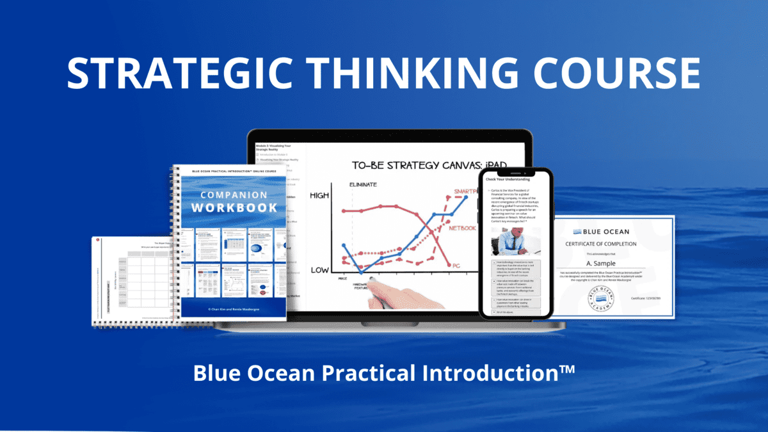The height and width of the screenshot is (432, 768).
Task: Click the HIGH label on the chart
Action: pos(320,196)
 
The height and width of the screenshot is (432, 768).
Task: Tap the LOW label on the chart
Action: pos(320,270)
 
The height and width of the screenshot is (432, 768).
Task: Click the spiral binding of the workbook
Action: pos(175,243)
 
